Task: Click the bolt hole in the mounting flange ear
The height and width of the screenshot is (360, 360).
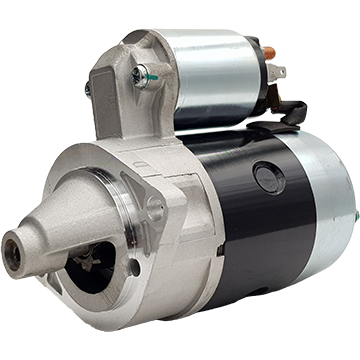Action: pyautogui.click(x=154, y=209)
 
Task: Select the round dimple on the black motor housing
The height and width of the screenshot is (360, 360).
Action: pyautogui.click(x=269, y=177)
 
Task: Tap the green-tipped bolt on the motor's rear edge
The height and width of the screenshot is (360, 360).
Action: pyautogui.click(x=354, y=216)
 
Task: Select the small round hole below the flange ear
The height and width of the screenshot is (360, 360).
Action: pyautogui.click(x=135, y=267)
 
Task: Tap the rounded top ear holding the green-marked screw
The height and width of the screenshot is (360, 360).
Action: pyautogui.click(x=140, y=60)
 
